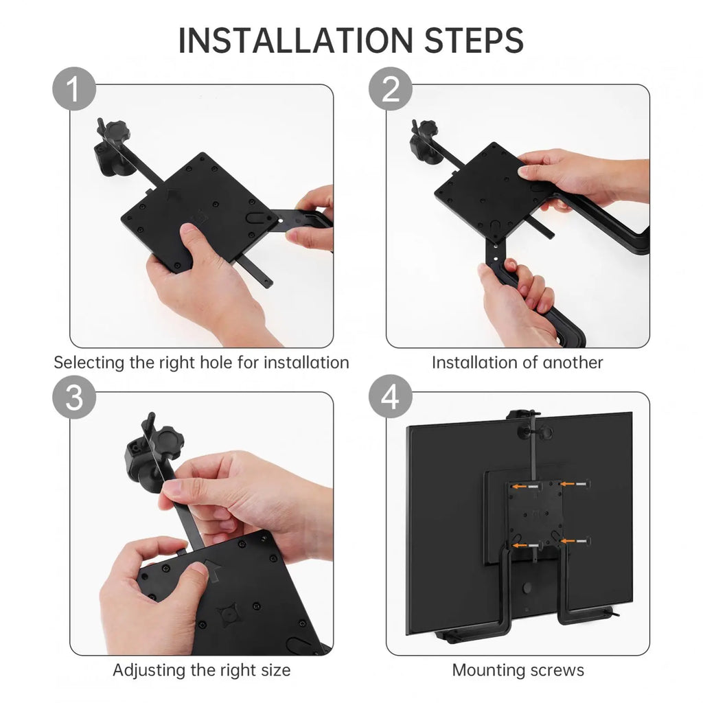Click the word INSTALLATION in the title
click(x=295, y=41)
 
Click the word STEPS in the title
click(x=474, y=41)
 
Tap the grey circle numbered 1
click(x=74, y=89)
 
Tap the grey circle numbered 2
click(x=391, y=89)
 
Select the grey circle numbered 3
click(x=74, y=397)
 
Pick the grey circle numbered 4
click(x=391, y=396)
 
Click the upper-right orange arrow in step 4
click(x=568, y=484)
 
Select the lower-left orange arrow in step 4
click(x=520, y=545)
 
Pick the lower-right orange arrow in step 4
click(x=568, y=541)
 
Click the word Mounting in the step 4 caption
click(x=488, y=671)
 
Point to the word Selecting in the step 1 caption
click(x=90, y=362)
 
